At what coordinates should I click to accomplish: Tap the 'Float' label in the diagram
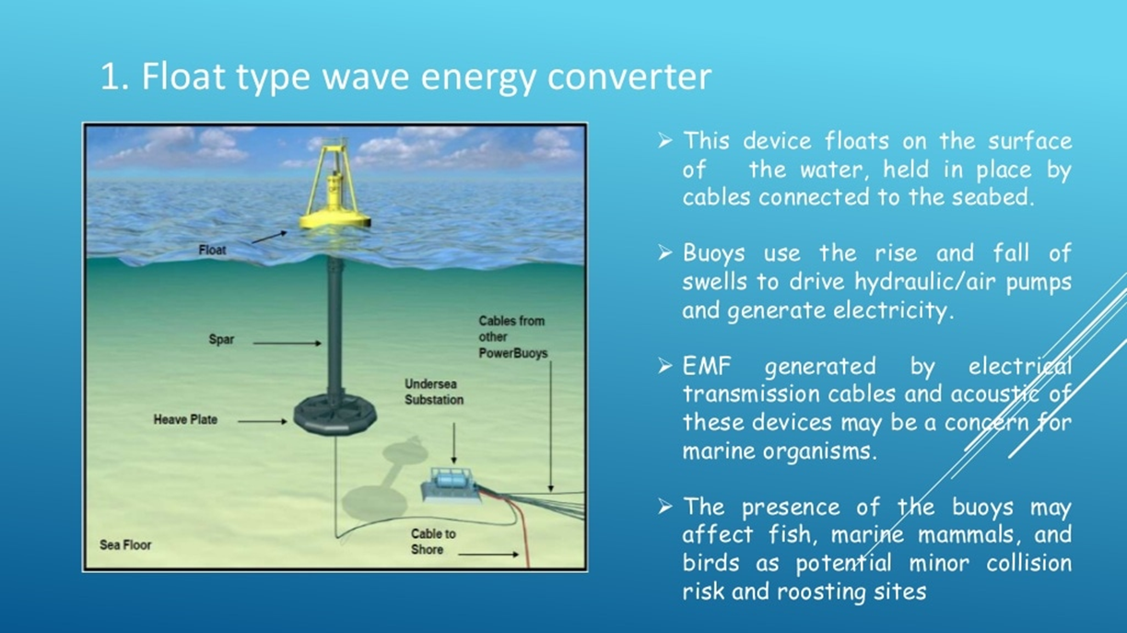click(212, 250)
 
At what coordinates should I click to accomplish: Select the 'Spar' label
click(221, 339)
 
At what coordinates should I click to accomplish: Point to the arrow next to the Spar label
click(287, 343)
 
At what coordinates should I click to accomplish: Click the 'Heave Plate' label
click(185, 419)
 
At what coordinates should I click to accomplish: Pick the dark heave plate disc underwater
click(335, 416)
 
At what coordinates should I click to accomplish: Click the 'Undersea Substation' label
click(434, 392)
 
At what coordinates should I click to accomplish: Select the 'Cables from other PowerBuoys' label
click(512, 337)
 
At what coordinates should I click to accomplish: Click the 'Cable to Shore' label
click(433, 541)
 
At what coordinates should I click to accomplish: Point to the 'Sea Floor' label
click(125, 545)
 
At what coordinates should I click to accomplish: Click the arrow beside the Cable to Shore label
click(488, 555)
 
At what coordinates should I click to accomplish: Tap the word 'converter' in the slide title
click(629, 76)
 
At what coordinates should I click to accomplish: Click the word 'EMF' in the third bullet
click(707, 366)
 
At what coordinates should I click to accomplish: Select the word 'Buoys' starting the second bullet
click(713, 253)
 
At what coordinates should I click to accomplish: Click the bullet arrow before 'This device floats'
click(664, 141)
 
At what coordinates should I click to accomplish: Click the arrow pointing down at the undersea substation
click(453, 443)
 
